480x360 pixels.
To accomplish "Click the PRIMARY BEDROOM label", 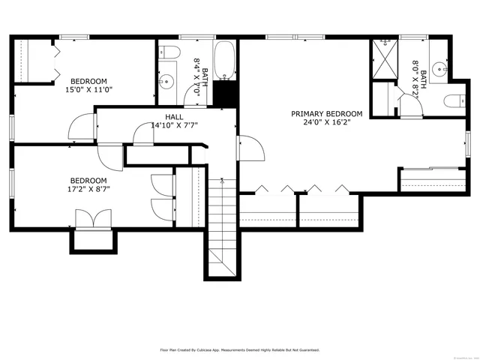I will coord(326,114).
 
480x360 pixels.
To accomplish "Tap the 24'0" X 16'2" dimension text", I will coord(326,124).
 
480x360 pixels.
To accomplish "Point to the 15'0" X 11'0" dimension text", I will coord(88,90).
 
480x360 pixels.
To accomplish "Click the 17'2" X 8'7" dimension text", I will coord(88,190).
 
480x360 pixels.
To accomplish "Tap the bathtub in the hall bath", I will coord(223,61).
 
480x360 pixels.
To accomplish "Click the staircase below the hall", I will coord(223,225).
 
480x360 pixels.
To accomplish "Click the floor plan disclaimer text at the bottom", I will coord(240,349).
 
